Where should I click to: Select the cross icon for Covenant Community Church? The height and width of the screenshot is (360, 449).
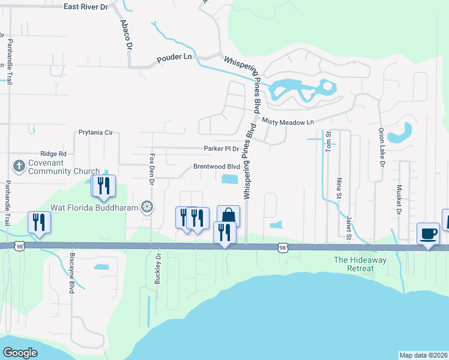pyautogui.click(x=19, y=166)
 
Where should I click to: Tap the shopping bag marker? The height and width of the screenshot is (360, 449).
pyautogui.click(x=229, y=216)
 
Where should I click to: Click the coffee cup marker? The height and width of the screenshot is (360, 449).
pyautogui.click(x=428, y=233)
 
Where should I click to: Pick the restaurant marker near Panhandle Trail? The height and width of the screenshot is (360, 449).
pyautogui.click(x=39, y=222)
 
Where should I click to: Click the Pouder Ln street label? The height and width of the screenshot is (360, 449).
pyautogui.click(x=173, y=60)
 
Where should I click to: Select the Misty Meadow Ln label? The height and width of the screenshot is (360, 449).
pyautogui.click(x=288, y=122)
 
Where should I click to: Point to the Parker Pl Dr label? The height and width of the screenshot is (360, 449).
pyautogui.click(x=221, y=148)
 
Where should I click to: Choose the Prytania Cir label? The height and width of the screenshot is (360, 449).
pyautogui.click(x=95, y=132)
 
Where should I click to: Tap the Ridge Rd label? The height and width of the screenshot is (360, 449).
pyautogui.click(x=53, y=154)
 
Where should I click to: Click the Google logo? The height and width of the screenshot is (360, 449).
pyautogui.click(x=20, y=353)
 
